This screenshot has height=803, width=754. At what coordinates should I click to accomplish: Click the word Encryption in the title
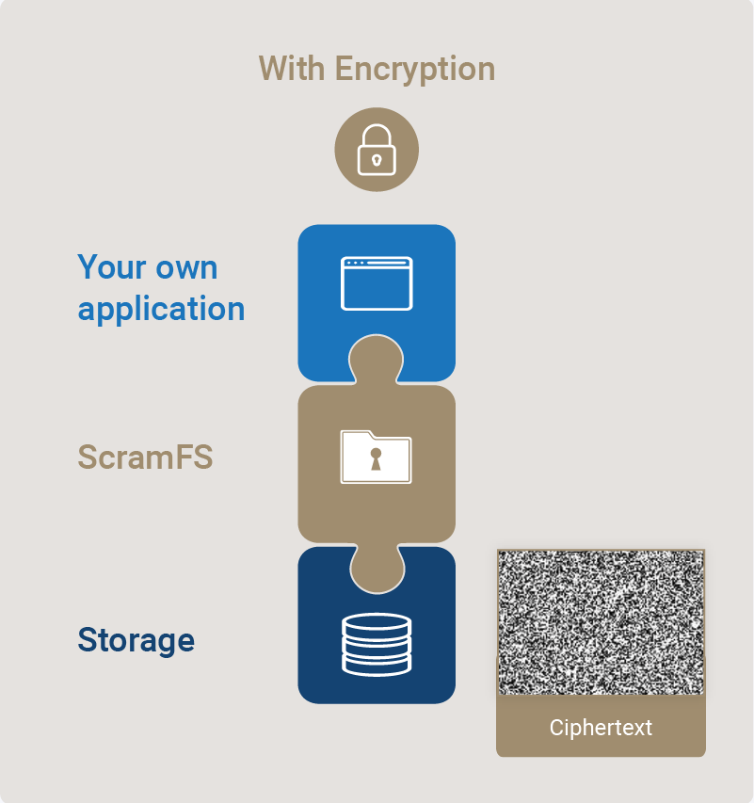pos(415,70)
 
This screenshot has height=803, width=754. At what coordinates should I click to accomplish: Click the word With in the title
pos(292,68)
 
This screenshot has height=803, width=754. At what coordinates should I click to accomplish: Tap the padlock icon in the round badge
pos(377,150)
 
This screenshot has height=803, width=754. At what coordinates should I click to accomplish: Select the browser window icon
pos(377,283)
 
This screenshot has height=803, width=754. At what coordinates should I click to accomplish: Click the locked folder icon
pos(376,457)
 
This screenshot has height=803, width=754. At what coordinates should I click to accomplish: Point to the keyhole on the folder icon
pos(376,458)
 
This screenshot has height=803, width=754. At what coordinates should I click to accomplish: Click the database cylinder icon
pos(377,644)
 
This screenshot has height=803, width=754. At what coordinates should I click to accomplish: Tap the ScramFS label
pos(145,457)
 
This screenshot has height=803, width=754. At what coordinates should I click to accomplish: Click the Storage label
pos(136,640)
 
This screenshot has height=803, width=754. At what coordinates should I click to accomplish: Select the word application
pos(161,309)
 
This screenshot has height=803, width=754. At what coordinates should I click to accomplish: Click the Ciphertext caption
pos(601,728)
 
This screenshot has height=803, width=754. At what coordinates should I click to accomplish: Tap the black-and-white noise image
pos(601,622)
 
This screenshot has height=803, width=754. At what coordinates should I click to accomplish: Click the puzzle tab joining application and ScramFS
pos(376,360)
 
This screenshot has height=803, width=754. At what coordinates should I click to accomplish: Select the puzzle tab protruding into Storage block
pos(377,569)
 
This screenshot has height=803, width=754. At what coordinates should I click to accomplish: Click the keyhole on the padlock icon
pos(377,160)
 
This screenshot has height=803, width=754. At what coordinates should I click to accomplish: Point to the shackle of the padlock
pos(377,136)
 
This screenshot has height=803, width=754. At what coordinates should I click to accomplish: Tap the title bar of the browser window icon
pos(377,263)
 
